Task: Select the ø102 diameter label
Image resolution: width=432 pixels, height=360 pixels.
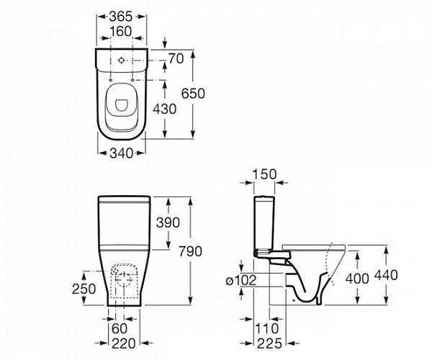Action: (239, 282)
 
